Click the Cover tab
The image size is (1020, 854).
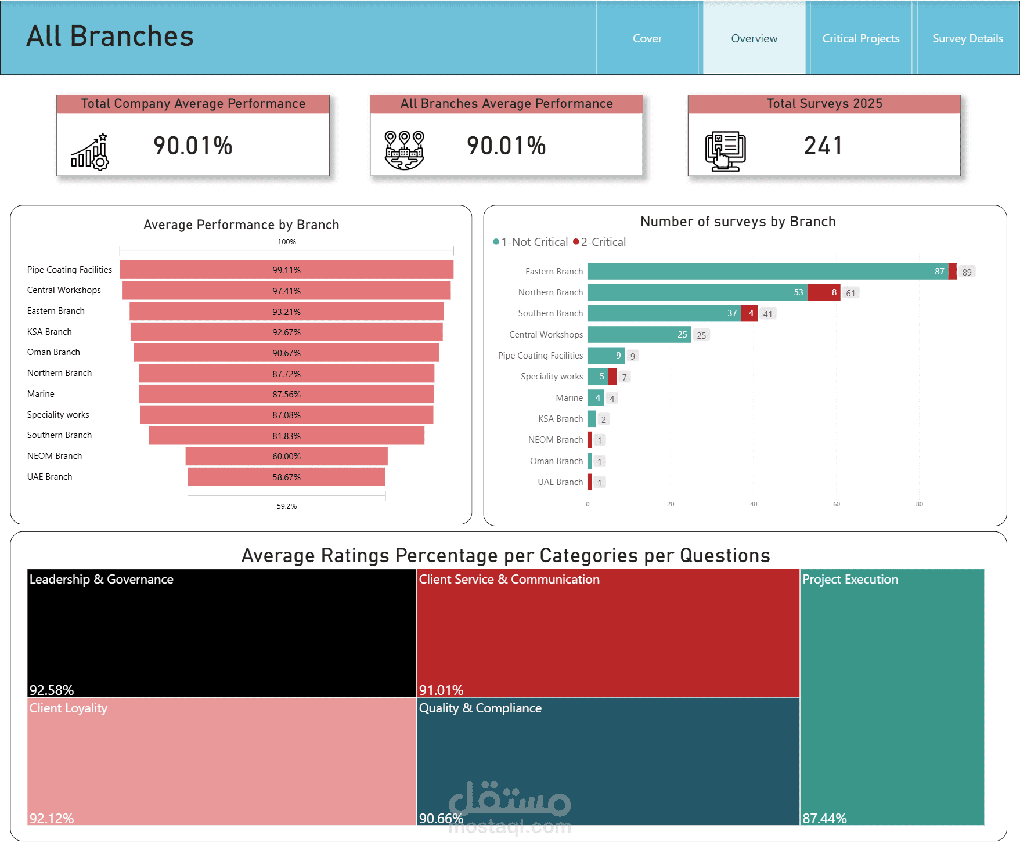click(647, 38)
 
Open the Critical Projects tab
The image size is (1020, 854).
click(861, 38)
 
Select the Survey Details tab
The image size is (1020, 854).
click(968, 38)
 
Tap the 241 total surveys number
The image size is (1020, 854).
click(823, 146)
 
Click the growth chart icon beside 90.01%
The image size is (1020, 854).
click(90, 151)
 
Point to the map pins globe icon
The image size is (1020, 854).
click(405, 150)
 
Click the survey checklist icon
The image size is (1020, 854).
click(725, 151)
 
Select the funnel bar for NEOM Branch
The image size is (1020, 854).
click(287, 456)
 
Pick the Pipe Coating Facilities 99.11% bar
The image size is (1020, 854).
click(287, 270)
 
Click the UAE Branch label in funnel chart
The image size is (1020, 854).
click(50, 477)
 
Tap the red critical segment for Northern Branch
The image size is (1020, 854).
click(824, 292)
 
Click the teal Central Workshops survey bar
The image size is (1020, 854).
click(639, 335)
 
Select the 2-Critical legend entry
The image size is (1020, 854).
click(600, 242)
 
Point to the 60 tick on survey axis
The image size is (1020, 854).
click(837, 504)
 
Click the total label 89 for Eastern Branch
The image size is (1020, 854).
click(967, 272)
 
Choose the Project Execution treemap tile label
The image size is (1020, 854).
click(850, 579)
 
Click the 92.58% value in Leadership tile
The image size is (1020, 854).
click(52, 690)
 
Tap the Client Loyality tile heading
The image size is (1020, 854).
click(69, 708)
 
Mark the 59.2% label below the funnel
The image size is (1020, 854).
click(287, 506)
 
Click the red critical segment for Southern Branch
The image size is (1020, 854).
click(749, 313)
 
